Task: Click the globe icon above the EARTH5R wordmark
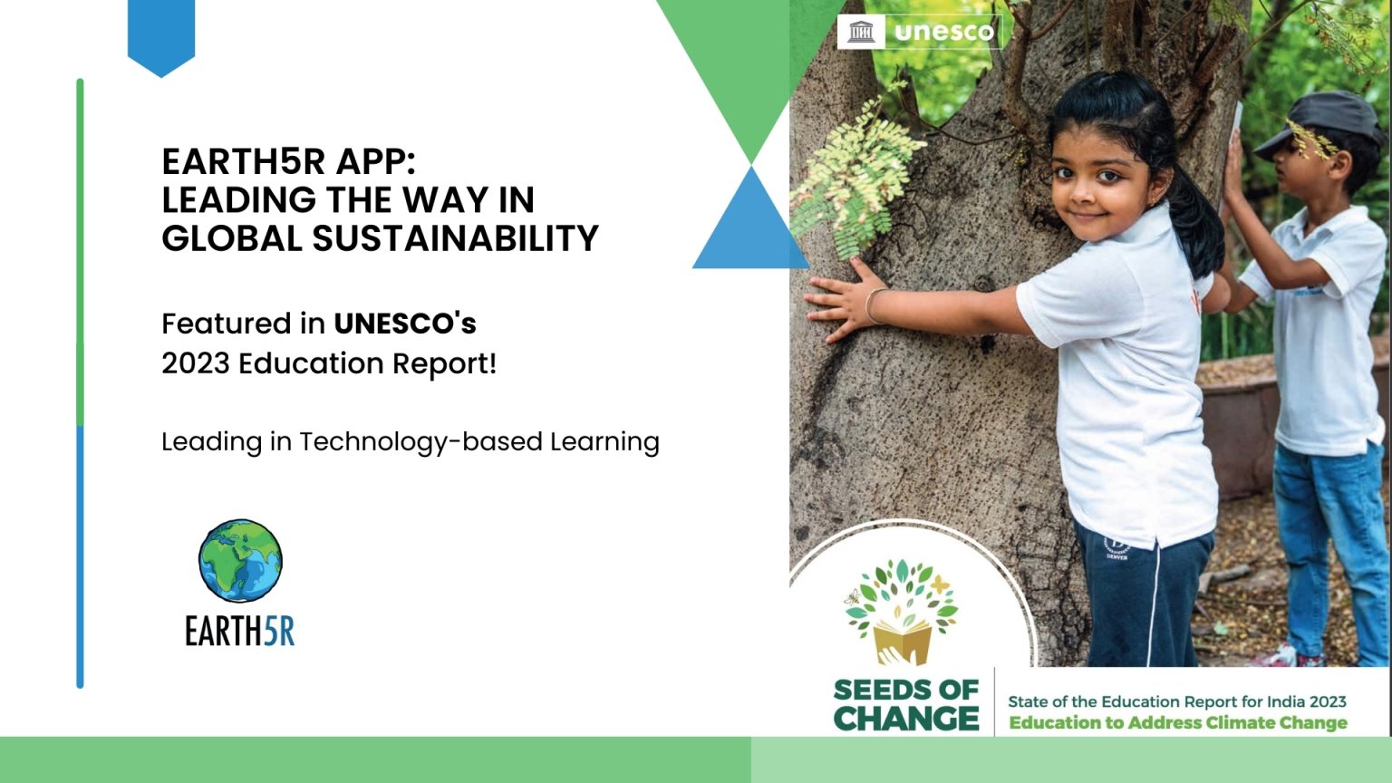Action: click(240, 561)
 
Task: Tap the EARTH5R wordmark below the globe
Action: click(240, 632)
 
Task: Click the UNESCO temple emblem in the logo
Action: click(861, 32)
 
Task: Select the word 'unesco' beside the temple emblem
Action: click(944, 32)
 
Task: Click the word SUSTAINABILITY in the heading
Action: click(456, 238)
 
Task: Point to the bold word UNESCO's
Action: click(405, 324)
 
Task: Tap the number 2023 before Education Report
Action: click(196, 363)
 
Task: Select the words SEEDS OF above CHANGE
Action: click(906, 691)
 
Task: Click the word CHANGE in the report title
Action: click(906, 719)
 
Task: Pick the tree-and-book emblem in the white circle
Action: click(902, 612)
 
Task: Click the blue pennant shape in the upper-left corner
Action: click(161, 37)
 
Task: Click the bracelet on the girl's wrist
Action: click(873, 305)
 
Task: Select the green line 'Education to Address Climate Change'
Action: click(1177, 723)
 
